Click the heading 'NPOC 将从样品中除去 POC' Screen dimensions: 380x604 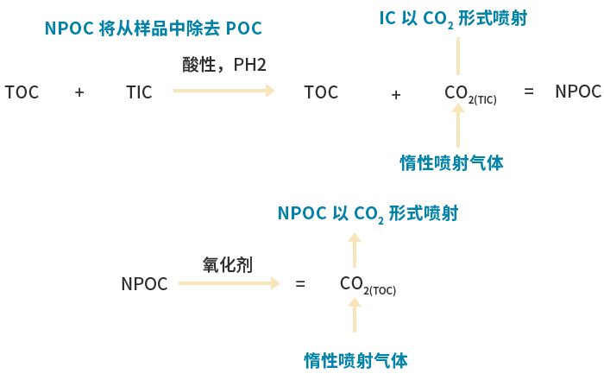click(x=154, y=28)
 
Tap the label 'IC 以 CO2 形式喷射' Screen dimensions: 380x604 click(x=453, y=18)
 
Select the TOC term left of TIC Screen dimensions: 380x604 click(x=22, y=92)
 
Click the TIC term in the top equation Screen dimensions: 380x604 click(x=139, y=92)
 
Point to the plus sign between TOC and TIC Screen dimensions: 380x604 click(x=79, y=92)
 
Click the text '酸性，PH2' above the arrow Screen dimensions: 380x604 click(x=224, y=65)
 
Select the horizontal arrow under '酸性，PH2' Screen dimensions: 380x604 click(x=224, y=90)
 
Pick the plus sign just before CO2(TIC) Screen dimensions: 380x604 click(x=396, y=95)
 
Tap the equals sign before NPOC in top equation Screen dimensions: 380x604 click(x=529, y=91)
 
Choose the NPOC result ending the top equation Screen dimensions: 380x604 click(x=577, y=92)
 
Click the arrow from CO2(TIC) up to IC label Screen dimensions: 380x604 click(x=458, y=56)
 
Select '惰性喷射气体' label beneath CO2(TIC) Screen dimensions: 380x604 click(x=451, y=162)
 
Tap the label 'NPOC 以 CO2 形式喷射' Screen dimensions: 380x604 click(x=368, y=213)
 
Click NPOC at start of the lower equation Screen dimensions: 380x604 click(x=144, y=284)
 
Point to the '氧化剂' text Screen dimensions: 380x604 click(x=228, y=264)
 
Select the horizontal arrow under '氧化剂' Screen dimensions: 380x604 click(x=230, y=282)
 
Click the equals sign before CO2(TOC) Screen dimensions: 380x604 click(x=300, y=283)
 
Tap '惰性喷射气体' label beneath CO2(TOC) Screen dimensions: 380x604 click(x=355, y=360)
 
